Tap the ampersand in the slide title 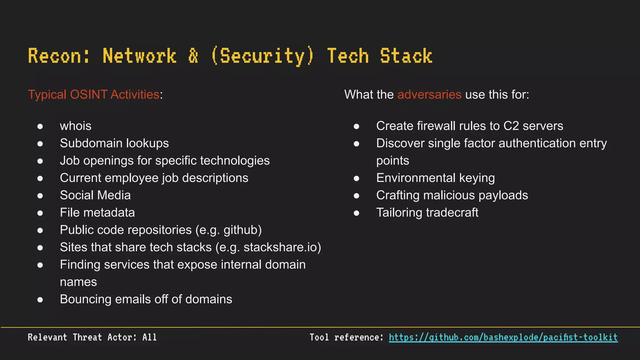[x=193, y=56]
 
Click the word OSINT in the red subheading [x=89, y=94]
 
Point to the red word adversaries [x=429, y=94]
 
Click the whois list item [x=76, y=126]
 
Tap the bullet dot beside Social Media [x=40, y=196]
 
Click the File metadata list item [x=97, y=212]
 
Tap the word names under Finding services [x=78, y=282]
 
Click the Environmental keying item [x=435, y=178]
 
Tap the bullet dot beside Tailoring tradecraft [x=357, y=213]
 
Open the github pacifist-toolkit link [x=503, y=337]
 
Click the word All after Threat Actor [x=149, y=337]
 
